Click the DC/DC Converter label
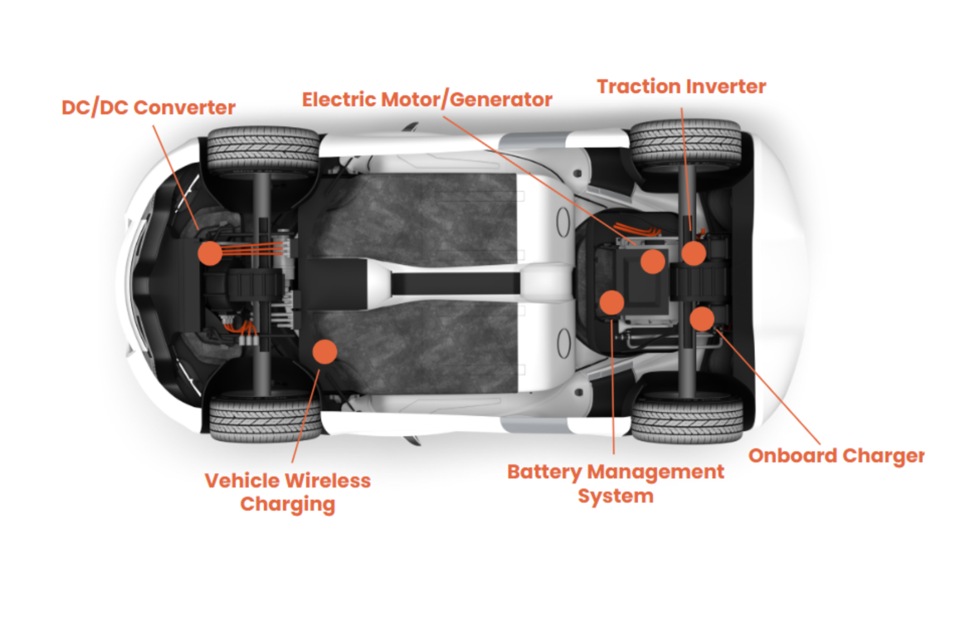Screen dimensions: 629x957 [x=148, y=107]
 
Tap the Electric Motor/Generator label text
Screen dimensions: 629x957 [x=427, y=99]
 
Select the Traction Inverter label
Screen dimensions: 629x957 [x=681, y=86]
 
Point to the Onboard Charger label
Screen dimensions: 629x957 [x=836, y=456]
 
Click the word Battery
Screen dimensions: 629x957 [x=543, y=472]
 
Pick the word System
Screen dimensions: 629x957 [x=615, y=496]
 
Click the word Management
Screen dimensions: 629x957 [x=655, y=472]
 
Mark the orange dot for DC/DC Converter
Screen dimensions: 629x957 [x=210, y=253]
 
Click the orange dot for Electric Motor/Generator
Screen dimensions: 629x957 [x=652, y=261]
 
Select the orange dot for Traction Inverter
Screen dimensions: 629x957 [x=693, y=253]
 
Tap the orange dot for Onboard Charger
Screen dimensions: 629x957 [x=702, y=319]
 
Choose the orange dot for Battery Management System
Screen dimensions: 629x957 [x=612, y=302]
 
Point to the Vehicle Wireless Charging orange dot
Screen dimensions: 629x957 [x=325, y=352]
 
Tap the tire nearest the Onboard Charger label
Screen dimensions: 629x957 [x=687, y=418]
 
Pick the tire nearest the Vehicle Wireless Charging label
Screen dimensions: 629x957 [x=265, y=419]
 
